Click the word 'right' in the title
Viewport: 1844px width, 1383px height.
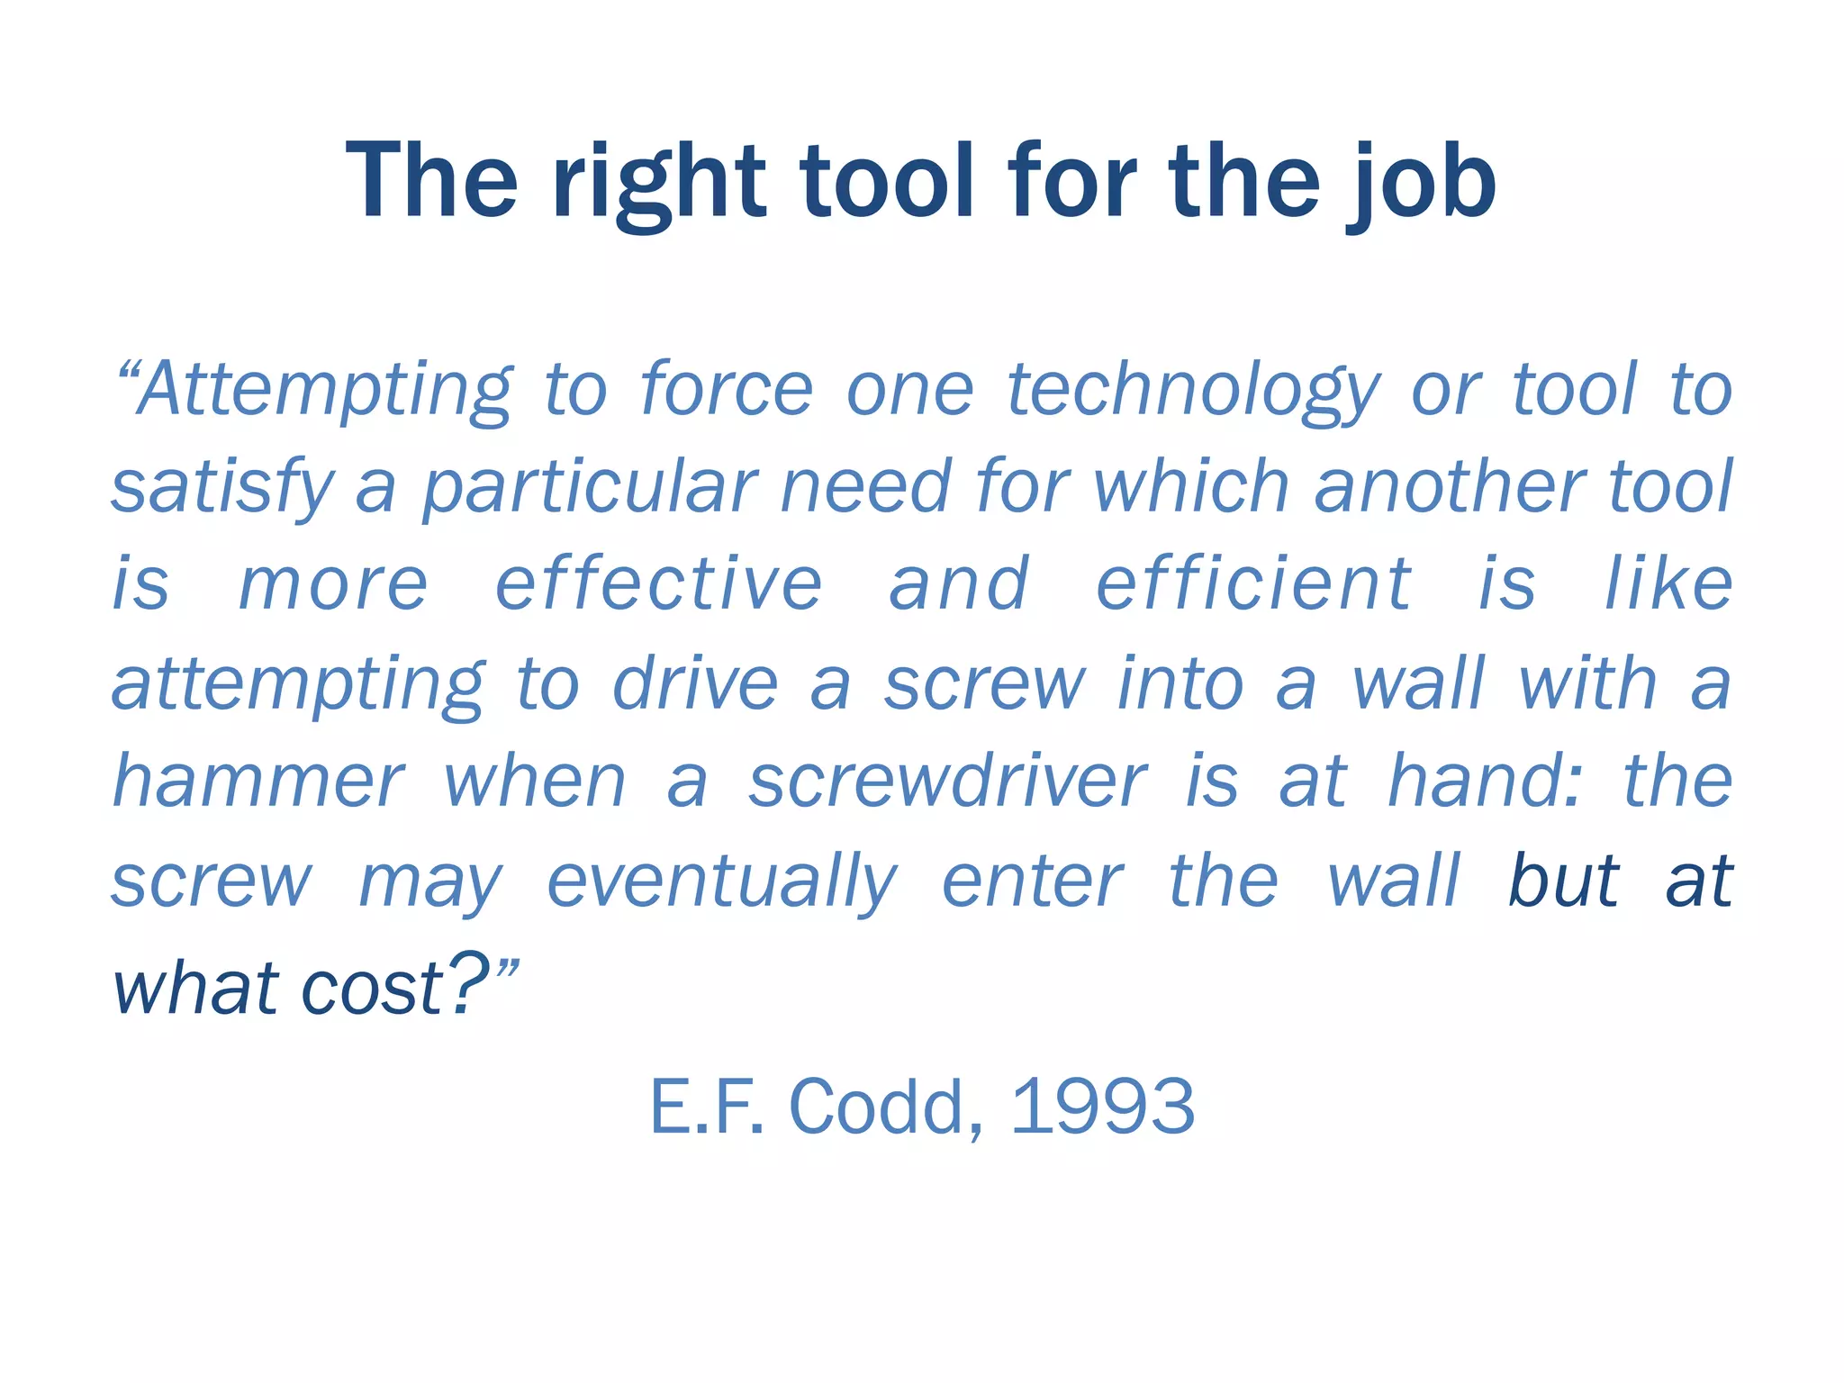click(x=659, y=185)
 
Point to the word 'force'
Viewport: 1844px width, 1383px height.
click(x=726, y=389)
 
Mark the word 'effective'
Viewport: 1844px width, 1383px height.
click(x=659, y=585)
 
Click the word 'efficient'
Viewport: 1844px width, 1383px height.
click(x=1253, y=585)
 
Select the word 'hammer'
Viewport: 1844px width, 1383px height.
click(x=258, y=782)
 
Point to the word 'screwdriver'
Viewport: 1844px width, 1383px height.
click(x=948, y=782)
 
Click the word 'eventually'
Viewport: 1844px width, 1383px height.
click(x=722, y=882)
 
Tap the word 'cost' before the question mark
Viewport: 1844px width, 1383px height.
click(x=371, y=989)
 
